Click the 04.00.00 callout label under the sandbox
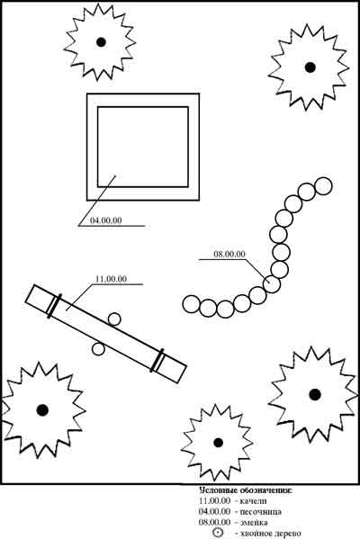[106, 220]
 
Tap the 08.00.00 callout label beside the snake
[229, 255]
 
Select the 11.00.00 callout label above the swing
[111, 279]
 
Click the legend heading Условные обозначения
[246, 490]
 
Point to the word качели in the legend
[254, 501]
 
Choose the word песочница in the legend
[260, 512]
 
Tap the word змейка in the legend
[254, 523]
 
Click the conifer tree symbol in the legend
[218, 533]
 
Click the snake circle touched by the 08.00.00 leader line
[272, 284]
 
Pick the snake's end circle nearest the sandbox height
[323, 186]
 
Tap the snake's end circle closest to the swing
[191, 304]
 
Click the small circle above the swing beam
[114, 319]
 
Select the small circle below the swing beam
[98, 349]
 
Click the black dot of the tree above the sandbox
[101, 42]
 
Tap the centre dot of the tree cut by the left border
[42, 409]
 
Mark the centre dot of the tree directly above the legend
[219, 443]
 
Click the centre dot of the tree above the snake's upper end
[310, 67]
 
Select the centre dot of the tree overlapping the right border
[315, 395]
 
